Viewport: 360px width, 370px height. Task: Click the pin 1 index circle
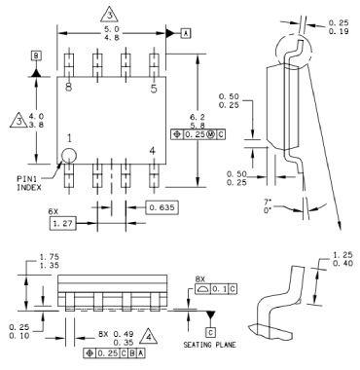pyautogui.click(x=69, y=155)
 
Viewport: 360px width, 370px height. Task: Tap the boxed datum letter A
pyautogui.click(x=186, y=33)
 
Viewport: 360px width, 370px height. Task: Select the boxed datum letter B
pyautogui.click(x=36, y=55)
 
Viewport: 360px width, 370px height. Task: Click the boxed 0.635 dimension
pyautogui.click(x=162, y=207)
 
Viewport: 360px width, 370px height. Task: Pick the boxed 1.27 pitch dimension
pyautogui.click(x=63, y=223)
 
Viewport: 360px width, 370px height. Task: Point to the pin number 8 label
pyautogui.click(x=68, y=87)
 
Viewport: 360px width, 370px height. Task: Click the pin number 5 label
pyautogui.click(x=154, y=89)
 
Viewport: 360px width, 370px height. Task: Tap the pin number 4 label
pyautogui.click(x=152, y=151)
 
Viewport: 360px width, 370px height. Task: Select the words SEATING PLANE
pyautogui.click(x=210, y=345)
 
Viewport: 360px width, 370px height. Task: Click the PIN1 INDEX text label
pyautogui.click(x=29, y=183)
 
